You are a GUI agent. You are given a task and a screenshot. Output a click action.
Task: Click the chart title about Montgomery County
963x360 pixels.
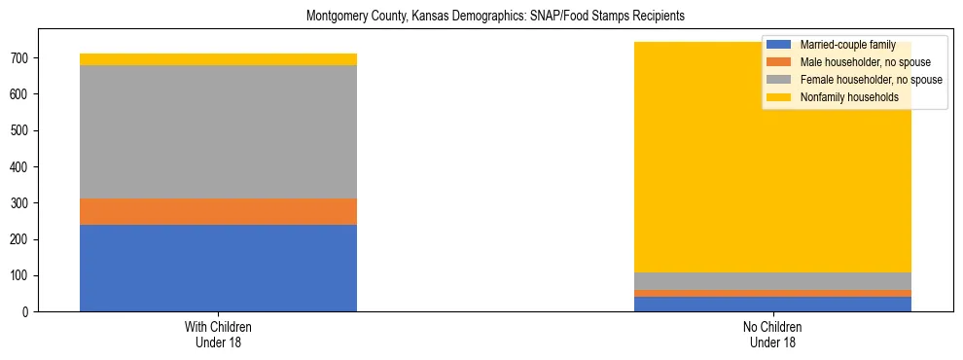click(495, 17)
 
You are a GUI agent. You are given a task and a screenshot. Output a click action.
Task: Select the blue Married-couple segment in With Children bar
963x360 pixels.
click(218, 268)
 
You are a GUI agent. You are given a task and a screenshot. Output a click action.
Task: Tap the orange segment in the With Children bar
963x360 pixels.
click(218, 211)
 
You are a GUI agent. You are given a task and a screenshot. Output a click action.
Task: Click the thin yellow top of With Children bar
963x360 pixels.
click(218, 59)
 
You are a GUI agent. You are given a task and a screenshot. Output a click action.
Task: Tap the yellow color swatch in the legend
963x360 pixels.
click(779, 97)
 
